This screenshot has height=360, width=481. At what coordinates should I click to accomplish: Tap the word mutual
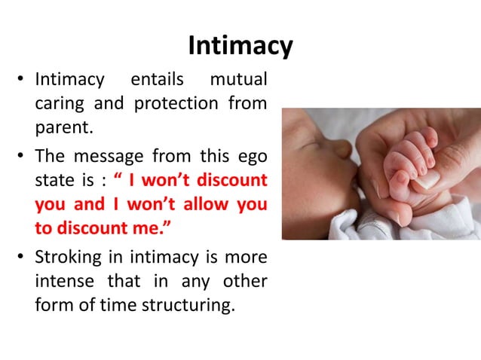tap(238, 79)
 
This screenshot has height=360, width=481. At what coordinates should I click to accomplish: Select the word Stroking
tap(69, 258)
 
